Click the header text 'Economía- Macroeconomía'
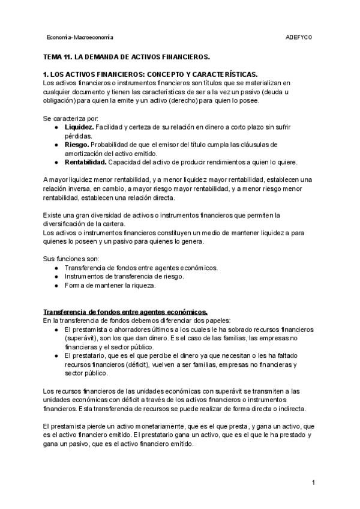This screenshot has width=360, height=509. coord(80,37)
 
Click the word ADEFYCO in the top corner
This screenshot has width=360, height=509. coord(299,37)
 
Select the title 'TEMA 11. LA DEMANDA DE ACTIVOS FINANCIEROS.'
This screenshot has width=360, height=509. coord(127,57)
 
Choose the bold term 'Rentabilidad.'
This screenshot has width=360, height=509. coord(86,162)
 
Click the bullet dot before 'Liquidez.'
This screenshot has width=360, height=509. coord(56,128)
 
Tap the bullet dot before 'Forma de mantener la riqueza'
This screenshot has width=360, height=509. coord(56,285)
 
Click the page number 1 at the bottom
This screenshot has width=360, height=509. coord(313,483)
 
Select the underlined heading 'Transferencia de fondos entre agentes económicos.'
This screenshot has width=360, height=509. coord(125,312)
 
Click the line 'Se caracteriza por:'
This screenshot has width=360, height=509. coord(71,118)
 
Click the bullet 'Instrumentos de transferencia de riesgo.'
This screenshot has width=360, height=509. coord(124,276)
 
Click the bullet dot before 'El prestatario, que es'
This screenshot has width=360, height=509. coord(56,356)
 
